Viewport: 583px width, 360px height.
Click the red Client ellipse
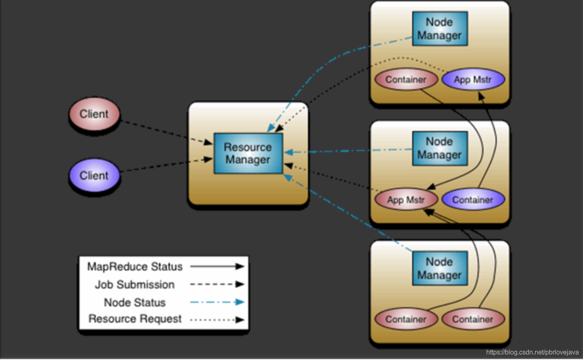94,114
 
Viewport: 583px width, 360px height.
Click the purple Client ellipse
94,175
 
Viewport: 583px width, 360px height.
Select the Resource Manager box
248,154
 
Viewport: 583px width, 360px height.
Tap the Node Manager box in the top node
440,28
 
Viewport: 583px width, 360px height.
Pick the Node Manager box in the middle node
440,149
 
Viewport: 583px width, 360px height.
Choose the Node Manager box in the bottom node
440,268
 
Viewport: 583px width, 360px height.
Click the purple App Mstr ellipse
473,79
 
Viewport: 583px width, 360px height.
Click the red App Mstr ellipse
406,200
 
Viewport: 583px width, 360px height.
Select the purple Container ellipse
473,200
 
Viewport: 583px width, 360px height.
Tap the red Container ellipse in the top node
406,79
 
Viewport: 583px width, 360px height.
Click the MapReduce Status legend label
135,267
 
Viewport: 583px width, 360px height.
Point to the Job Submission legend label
135,284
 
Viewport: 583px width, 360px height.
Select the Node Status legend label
135,303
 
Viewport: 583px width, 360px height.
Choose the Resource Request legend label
135,319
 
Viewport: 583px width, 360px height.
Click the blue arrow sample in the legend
218,302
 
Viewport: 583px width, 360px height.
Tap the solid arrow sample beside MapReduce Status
218,266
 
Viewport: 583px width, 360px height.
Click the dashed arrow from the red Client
167,132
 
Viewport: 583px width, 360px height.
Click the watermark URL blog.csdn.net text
532,352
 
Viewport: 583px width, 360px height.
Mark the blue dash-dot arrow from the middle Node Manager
348,151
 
